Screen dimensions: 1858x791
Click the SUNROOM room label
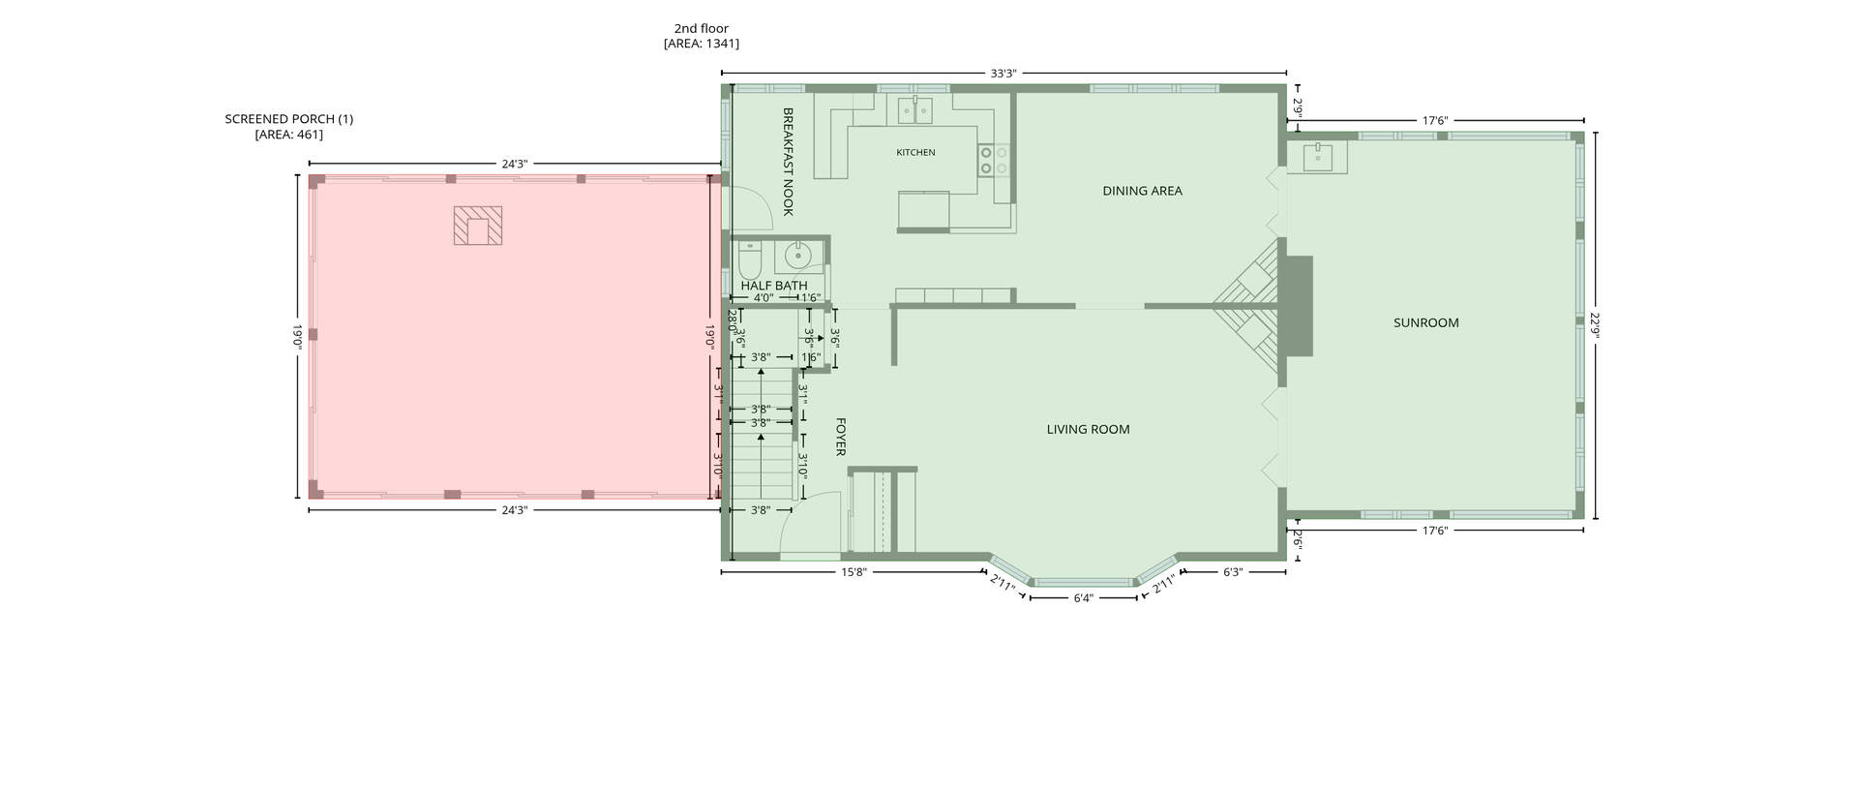click(1425, 323)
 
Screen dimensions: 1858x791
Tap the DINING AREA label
click(1142, 191)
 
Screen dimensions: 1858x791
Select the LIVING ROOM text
click(1088, 430)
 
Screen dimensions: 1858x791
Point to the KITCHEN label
click(915, 153)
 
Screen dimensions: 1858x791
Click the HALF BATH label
click(774, 286)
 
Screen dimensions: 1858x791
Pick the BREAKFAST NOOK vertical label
click(788, 162)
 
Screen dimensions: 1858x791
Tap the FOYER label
click(841, 437)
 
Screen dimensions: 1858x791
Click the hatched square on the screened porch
click(478, 226)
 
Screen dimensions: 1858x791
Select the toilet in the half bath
click(750, 259)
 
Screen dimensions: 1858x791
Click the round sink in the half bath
click(797, 257)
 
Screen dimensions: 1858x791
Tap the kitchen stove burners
click(994, 160)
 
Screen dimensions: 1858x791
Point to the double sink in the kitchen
click(914, 110)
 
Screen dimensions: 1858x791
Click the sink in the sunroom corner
click(1317, 156)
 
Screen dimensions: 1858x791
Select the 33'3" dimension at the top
click(1004, 74)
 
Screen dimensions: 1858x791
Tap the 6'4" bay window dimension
click(1083, 598)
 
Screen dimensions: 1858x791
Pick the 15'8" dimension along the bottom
click(853, 572)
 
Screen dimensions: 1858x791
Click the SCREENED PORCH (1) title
click(289, 119)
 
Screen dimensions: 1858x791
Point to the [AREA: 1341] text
click(702, 44)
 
